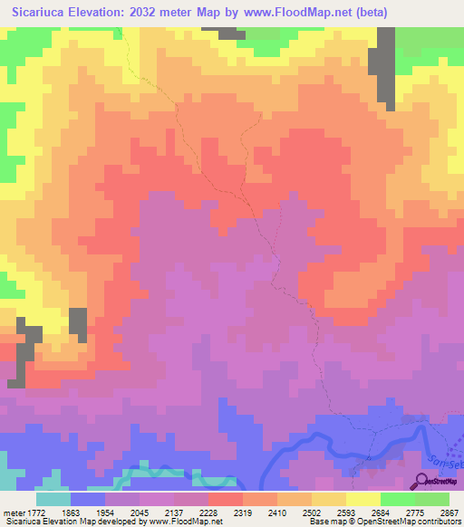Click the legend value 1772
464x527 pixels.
[29, 512]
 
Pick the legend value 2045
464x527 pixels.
[152, 512]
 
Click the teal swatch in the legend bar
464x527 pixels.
[53, 499]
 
